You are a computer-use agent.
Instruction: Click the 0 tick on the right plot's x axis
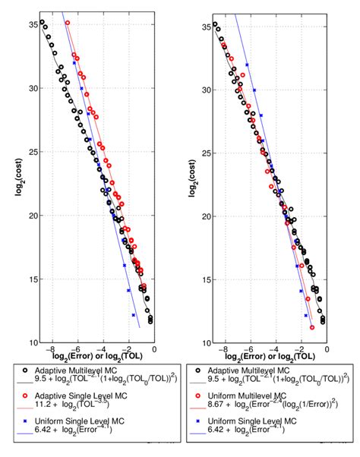click(327, 348)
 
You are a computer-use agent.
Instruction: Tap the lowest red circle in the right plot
click(312, 328)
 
